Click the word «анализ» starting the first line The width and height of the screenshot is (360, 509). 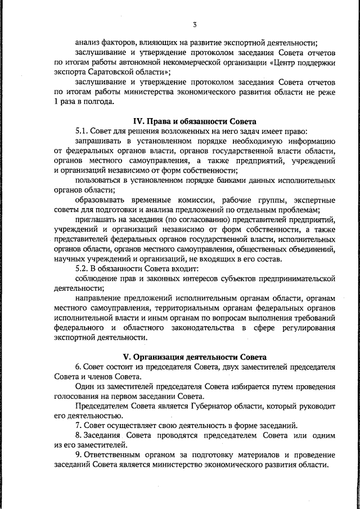pos(88,43)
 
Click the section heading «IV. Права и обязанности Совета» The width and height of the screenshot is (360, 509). pos(194,121)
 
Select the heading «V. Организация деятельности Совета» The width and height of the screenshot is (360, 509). pos(194,357)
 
